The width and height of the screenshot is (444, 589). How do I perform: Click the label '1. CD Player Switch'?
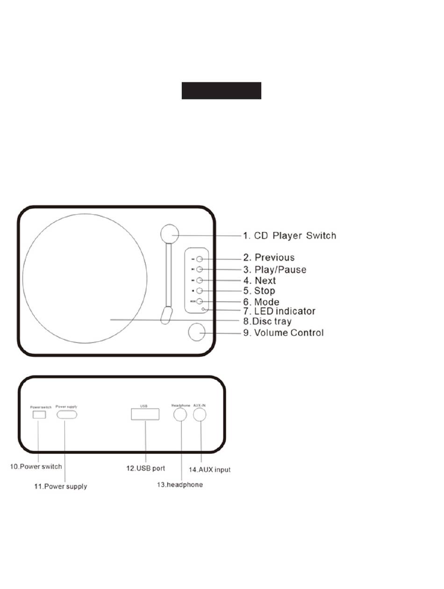pyautogui.click(x=295, y=236)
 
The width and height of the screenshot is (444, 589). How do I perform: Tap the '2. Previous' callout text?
pyautogui.click(x=274, y=258)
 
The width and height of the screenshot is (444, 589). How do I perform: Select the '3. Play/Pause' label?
pyautogui.click(x=280, y=270)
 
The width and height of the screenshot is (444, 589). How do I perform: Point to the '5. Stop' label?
pyautogui.click(x=265, y=291)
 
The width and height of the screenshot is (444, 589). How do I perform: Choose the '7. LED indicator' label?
pyautogui.click(x=285, y=311)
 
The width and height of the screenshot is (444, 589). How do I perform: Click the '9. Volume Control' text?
pyautogui.click(x=289, y=333)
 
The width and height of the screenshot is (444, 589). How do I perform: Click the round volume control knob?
pyautogui.click(x=197, y=332)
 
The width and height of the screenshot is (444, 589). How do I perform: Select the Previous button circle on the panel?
pyautogui.click(x=199, y=259)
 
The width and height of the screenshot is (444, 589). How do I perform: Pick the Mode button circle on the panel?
pyautogui.click(x=199, y=302)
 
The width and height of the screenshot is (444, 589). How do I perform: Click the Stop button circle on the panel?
pyautogui.click(x=199, y=291)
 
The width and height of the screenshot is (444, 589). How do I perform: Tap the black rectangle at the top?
pyautogui.click(x=221, y=91)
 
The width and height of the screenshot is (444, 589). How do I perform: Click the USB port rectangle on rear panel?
pyautogui.click(x=145, y=414)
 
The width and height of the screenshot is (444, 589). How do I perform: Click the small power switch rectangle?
pyautogui.click(x=38, y=414)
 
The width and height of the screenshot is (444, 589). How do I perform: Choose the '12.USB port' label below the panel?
pyautogui.click(x=145, y=468)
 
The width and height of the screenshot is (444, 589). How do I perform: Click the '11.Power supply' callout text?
pyautogui.click(x=60, y=487)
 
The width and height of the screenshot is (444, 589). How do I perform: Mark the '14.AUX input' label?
pyautogui.click(x=209, y=469)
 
